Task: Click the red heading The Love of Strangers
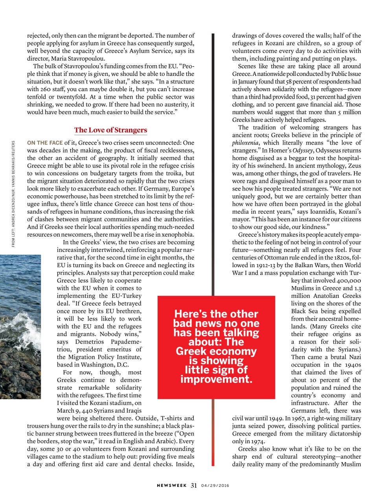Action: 110,130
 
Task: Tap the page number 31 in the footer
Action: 194,485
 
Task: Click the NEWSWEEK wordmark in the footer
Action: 172,486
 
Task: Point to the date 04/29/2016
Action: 215,486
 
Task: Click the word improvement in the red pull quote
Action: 216,379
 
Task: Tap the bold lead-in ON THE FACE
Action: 45,143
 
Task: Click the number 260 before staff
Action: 45,89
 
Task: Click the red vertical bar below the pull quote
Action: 213,432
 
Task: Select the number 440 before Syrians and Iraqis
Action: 88,411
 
